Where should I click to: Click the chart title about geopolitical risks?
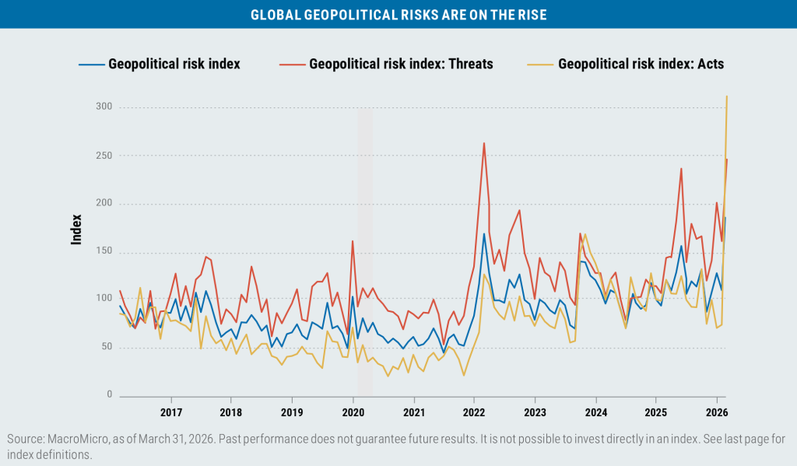point(398,14)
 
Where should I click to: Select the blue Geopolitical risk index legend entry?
point(174,64)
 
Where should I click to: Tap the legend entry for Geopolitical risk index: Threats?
point(401,64)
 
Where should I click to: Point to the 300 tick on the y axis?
point(104,107)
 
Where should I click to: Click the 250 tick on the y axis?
point(104,156)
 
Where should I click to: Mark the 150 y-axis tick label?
point(104,251)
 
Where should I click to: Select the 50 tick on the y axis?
point(107,348)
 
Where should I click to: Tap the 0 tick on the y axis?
point(110,395)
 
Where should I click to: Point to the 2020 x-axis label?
point(353,412)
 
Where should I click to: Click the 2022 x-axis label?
point(474,412)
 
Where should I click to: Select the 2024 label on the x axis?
point(595,412)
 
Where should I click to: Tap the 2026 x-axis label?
point(717,412)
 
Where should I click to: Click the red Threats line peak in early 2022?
point(484,143)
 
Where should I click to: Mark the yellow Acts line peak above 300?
point(727,96)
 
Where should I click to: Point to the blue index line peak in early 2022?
point(484,233)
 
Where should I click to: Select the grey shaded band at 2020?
point(363,249)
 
